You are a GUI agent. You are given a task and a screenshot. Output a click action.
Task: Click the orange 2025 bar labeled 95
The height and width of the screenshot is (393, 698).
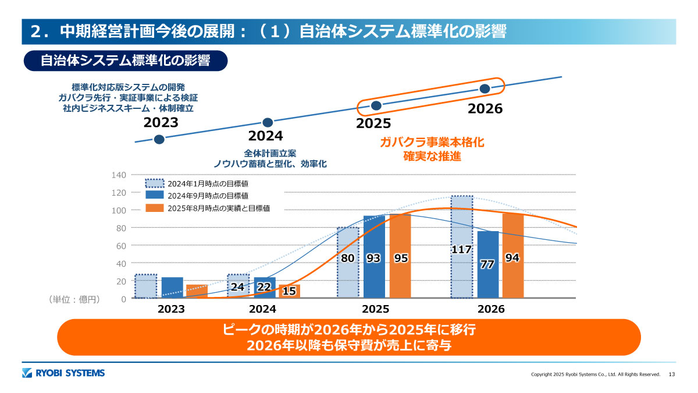click(400, 256)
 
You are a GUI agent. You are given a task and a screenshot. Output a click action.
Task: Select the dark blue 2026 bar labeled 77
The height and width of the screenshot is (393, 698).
click(488, 265)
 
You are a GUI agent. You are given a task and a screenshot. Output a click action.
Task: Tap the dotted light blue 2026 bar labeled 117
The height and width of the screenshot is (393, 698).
click(462, 247)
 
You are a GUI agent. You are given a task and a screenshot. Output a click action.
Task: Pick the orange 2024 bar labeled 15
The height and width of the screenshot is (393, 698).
click(289, 292)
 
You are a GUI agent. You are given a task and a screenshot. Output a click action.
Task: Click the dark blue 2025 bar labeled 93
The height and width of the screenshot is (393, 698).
click(374, 257)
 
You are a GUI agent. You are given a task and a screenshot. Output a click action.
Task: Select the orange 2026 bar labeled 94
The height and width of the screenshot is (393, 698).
click(512, 256)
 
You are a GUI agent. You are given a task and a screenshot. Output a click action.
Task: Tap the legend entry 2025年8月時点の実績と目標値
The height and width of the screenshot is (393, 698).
click(219, 208)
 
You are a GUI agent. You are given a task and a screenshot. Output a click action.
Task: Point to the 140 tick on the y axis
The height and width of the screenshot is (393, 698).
click(119, 175)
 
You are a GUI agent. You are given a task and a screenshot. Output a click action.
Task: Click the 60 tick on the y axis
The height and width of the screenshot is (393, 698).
click(121, 246)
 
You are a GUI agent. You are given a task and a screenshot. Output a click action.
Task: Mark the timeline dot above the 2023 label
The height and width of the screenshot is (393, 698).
click(159, 139)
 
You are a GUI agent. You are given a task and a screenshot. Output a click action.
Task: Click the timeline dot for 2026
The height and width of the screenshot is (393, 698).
click(485, 88)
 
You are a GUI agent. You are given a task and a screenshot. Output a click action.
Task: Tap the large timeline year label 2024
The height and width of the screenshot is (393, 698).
click(265, 136)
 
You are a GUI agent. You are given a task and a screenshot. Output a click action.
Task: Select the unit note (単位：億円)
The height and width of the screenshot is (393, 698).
click(74, 299)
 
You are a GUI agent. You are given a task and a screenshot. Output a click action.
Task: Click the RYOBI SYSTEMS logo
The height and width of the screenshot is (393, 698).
click(63, 373)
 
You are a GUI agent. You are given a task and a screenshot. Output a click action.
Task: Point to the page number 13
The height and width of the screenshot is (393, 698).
click(672, 374)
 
